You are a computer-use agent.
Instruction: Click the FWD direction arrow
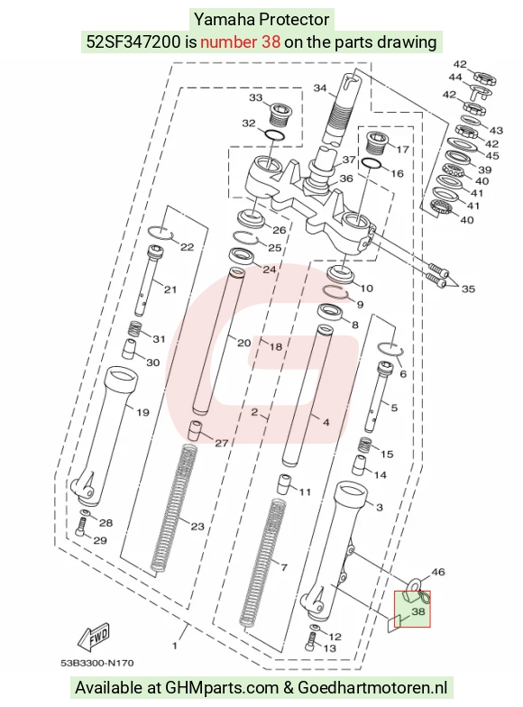[x=94, y=637]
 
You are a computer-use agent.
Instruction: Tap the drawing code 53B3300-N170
[x=97, y=663]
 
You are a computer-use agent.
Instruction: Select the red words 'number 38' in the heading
[x=240, y=41]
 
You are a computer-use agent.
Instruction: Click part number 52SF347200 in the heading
[x=133, y=41]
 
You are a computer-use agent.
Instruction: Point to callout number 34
[x=319, y=87]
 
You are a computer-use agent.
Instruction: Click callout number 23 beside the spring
[x=197, y=527]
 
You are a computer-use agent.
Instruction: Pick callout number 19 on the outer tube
[x=142, y=412]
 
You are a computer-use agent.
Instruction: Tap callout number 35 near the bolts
[x=468, y=289]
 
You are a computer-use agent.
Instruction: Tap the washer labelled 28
[x=86, y=513]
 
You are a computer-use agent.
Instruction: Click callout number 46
[x=438, y=572]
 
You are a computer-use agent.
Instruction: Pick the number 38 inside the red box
[x=418, y=611]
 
